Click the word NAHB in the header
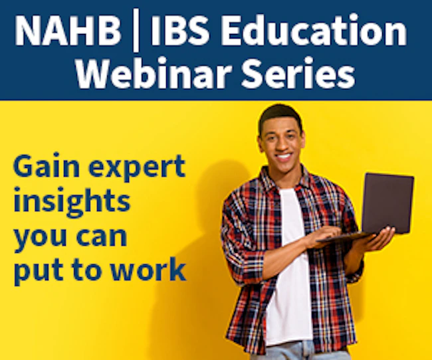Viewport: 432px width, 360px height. coord(68,31)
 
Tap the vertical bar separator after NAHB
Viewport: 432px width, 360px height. coord(136,32)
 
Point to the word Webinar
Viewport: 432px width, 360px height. coord(154,72)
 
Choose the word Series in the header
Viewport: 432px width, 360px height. coord(298,72)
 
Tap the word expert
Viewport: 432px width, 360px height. coord(137,169)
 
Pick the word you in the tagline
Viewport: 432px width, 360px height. coord(41,238)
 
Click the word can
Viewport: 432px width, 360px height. coord(102,236)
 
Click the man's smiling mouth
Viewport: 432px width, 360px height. coord(284,157)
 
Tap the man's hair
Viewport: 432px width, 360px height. coord(280,114)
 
